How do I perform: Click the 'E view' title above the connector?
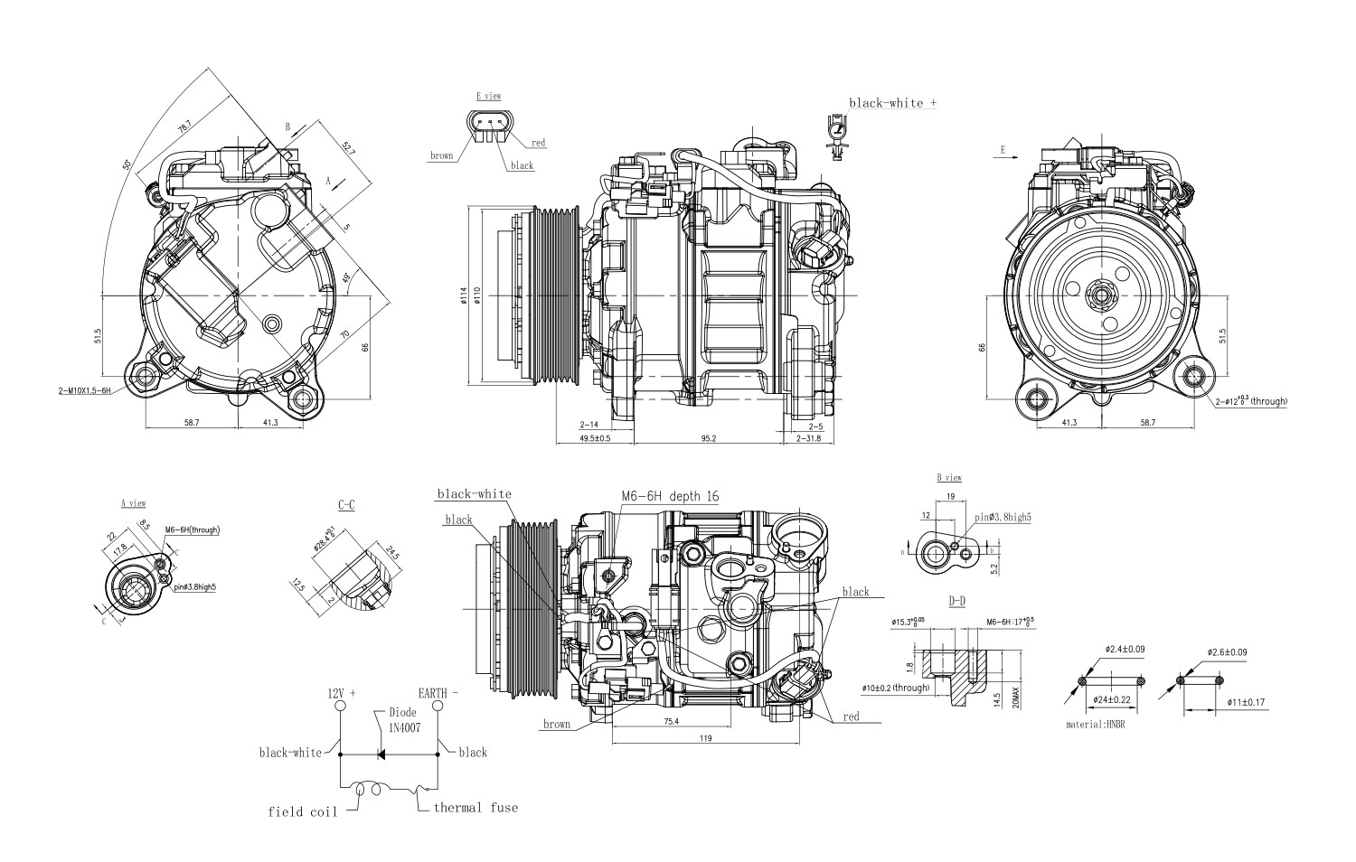(x=488, y=96)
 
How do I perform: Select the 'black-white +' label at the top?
(x=891, y=103)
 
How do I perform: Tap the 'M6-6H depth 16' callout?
(x=670, y=496)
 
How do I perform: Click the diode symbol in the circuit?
(x=381, y=753)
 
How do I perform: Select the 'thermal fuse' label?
(x=476, y=807)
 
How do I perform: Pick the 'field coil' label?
(x=302, y=811)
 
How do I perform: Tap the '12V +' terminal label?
(x=341, y=693)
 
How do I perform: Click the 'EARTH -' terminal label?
(x=438, y=693)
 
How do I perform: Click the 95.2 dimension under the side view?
(x=708, y=438)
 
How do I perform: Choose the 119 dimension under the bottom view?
(x=705, y=739)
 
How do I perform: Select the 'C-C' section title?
(x=345, y=505)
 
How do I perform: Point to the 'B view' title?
(x=948, y=477)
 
